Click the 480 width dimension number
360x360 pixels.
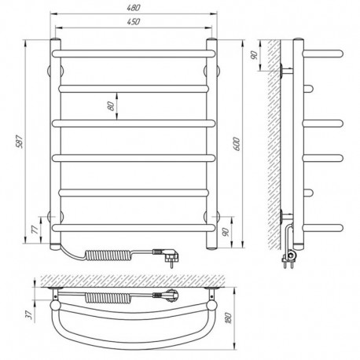click(134, 8)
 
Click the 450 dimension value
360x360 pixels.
click(134, 22)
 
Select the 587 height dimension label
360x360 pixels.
click(20, 141)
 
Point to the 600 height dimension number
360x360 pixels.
click(236, 144)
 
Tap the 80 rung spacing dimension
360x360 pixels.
click(112, 106)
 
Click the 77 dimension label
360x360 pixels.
click(35, 230)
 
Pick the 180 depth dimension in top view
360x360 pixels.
click(229, 318)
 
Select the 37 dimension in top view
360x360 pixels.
click(30, 314)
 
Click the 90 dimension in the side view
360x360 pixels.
click(255, 55)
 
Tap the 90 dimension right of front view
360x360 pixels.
click(226, 232)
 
